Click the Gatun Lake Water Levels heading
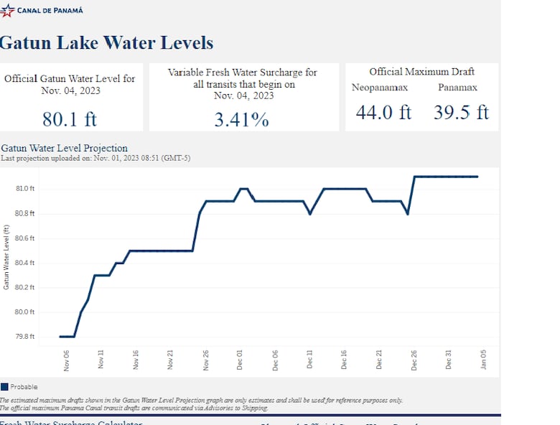coord(106,42)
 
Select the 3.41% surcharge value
coord(242,119)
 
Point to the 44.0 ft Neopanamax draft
coord(383,113)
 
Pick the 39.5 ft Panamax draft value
coord(461,113)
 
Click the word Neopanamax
coord(380,88)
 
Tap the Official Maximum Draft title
coord(421,72)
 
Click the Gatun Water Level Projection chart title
coord(65,149)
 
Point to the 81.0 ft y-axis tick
coord(25,189)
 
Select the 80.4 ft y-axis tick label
coord(25,263)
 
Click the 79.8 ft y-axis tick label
coord(25,337)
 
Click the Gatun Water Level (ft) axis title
coord(6,257)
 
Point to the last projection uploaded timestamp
coord(95,158)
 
